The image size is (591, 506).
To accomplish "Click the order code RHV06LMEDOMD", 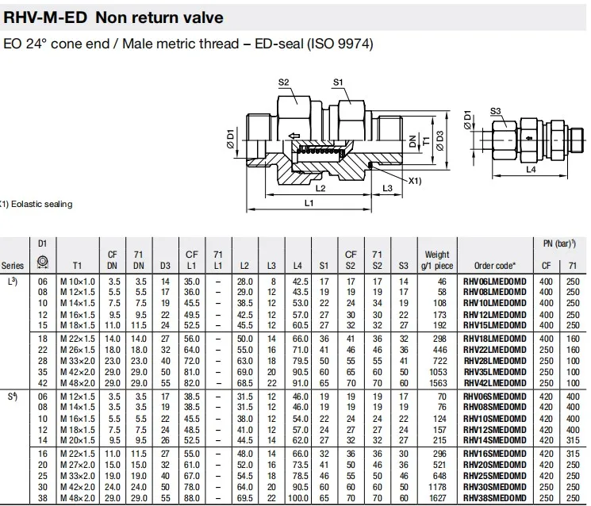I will coord(501,281).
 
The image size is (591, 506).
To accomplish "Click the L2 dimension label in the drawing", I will coord(320,189).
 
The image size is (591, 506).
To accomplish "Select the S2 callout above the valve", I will coord(284,82).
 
